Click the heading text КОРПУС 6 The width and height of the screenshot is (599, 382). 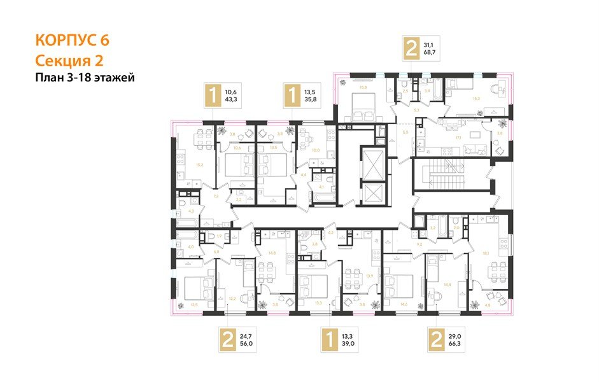[72, 39]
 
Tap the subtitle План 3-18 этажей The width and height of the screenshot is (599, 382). [86, 78]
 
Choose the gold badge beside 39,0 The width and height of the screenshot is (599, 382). [328, 340]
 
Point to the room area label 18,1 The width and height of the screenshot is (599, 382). [486, 253]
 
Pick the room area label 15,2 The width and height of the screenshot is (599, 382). [182, 165]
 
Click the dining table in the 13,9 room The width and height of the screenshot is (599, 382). [353, 278]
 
